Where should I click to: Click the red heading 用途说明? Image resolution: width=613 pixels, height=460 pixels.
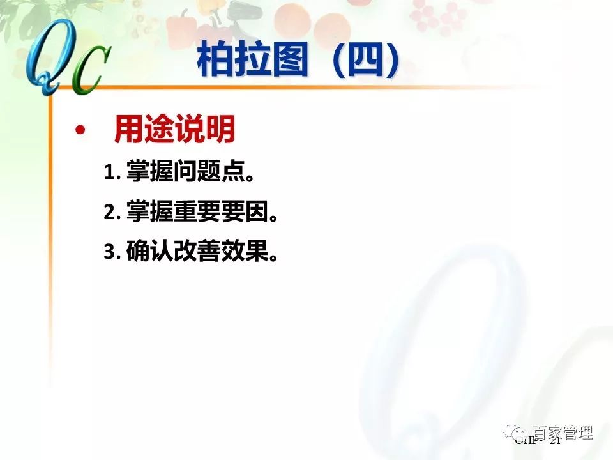pyautogui.click(x=174, y=130)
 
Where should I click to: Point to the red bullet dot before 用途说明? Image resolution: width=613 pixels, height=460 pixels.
pyautogui.click(x=79, y=130)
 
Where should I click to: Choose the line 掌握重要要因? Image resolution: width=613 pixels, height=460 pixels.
pyautogui.click(x=203, y=212)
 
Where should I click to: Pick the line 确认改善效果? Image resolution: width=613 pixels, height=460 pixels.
pyautogui.click(x=203, y=252)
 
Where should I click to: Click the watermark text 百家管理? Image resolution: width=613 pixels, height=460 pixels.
pyautogui.click(x=563, y=433)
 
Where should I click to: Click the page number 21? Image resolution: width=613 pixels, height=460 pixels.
pyautogui.click(x=554, y=441)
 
